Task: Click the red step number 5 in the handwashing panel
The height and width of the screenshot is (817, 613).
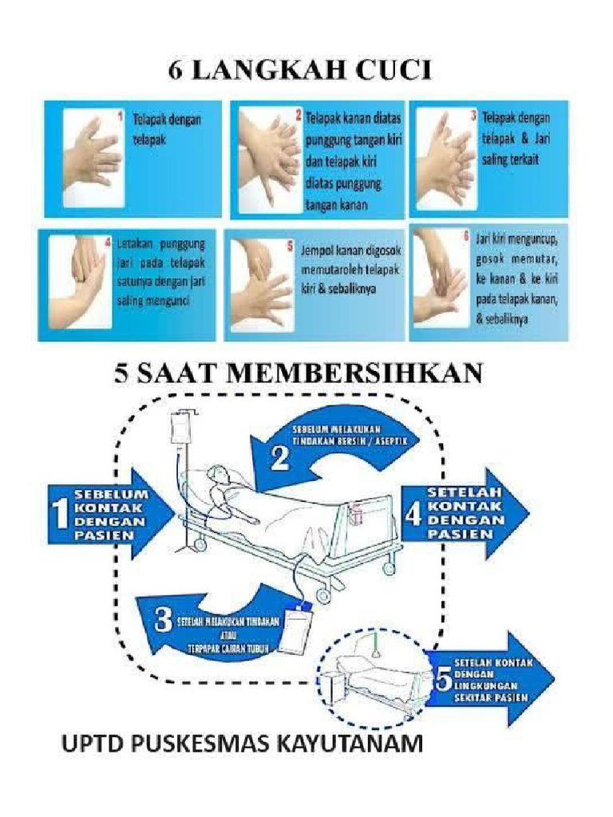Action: [x=289, y=247]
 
